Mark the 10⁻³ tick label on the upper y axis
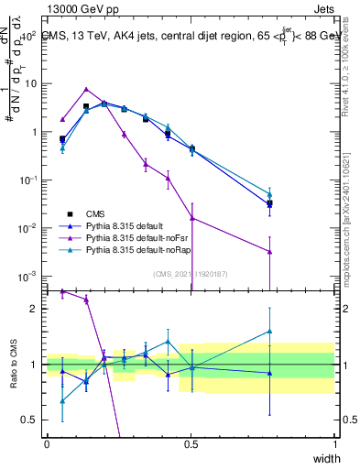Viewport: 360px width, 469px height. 27,276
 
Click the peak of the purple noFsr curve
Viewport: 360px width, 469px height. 86,90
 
